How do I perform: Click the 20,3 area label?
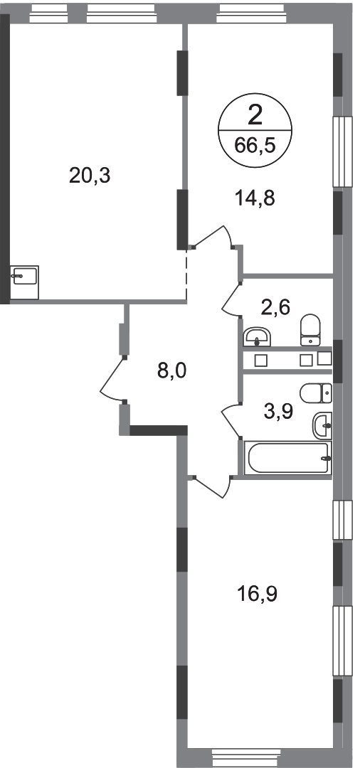[90, 175]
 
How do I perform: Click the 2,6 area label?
[277, 308]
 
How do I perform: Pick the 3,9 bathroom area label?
[279, 412]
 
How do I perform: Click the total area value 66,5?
[255, 146]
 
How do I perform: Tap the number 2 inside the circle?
[255, 117]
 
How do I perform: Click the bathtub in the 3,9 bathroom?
[287, 458]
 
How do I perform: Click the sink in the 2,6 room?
[257, 337]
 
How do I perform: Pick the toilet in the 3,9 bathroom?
[316, 393]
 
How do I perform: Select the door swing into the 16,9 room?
[211, 488]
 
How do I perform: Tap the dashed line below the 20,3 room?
[186, 274]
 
